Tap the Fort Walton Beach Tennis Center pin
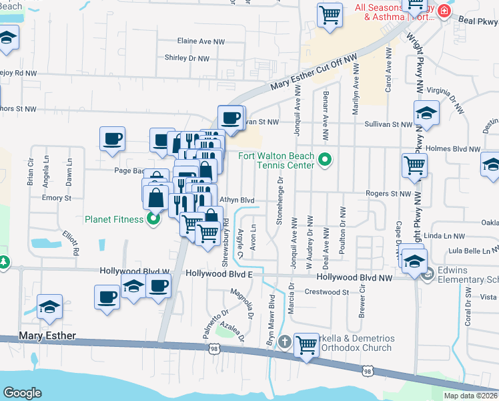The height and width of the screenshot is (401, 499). (325, 159)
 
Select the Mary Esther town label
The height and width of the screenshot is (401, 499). (47, 336)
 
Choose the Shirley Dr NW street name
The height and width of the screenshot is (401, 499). (187, 58)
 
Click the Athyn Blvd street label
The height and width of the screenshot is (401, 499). (237, 200)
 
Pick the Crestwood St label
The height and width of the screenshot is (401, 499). (327, 292)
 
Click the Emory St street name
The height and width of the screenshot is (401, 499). (56, 198)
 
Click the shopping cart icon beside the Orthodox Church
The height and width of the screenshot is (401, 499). (306, 345)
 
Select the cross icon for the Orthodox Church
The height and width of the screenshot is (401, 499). (285, 342)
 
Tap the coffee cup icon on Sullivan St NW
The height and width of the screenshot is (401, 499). (231, 118)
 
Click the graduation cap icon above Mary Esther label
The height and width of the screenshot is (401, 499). (49, 306)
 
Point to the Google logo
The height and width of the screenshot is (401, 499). (22, 393)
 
